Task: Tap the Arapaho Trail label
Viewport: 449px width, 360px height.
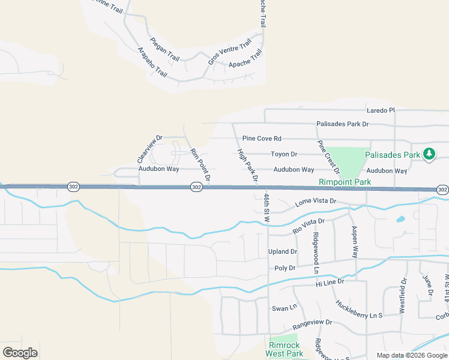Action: [x=152, y=62]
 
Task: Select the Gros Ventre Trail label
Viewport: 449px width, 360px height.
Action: [x=229, y=53]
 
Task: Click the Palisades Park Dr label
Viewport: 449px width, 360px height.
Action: [x=342, y=124]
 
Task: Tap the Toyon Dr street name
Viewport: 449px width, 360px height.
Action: [x=284, y=154]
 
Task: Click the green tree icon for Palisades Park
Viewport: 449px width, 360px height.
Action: [x=429, y=154]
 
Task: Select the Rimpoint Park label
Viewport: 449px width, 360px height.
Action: [x=345, y=182]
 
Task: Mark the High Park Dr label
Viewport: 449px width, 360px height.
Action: [x=247, y=166]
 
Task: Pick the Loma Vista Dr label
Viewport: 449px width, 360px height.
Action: [x=316, y=203]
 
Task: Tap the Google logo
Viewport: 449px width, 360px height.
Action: [x=20, y=353]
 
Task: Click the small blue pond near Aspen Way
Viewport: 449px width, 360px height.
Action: [x=400, y=219]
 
